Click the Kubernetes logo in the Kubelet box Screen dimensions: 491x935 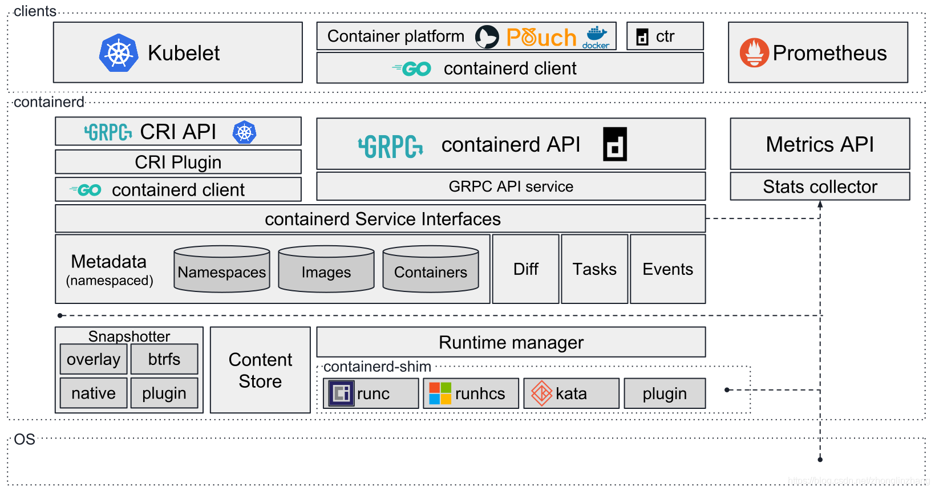tap(119, 53)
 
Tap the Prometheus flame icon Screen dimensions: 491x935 tap(754, 53)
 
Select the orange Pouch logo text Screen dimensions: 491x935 tap(541, 38)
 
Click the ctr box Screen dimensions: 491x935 tap(665, 36)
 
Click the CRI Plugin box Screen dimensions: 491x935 tap(178, 162)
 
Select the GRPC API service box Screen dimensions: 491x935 tap(511, 186)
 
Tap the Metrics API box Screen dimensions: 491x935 tap(820, 144)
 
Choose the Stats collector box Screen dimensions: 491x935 tap(820, 186)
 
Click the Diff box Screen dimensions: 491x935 tap(525, 269)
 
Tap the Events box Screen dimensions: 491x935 tap(667, 269)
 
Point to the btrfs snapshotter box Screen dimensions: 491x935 tap(164, 359)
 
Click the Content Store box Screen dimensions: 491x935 tap(260, 370)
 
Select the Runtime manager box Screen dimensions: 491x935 tap(511, 342)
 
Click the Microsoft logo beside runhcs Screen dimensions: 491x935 tap(440, 393)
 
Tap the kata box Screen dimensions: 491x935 tap(571, 393)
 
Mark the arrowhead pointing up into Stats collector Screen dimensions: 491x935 tap(820, 204)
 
